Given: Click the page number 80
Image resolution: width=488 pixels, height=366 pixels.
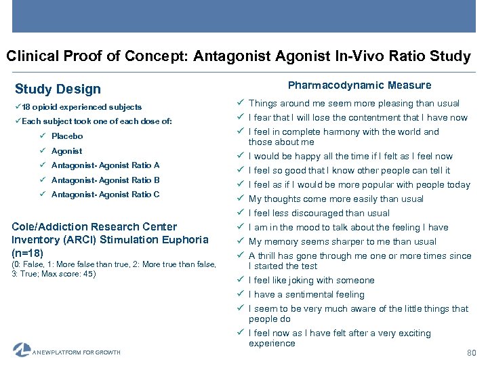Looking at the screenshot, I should click(x=472, y=353).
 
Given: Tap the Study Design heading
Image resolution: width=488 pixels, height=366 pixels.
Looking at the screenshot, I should click(x=58, y=89).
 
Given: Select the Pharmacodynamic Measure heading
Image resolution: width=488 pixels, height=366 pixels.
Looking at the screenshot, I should click(x=359, y=85).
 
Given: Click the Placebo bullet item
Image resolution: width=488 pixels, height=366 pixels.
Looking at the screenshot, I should click(x=67, y=136).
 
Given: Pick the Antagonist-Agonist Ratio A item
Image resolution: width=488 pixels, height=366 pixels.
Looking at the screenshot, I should click(x=105, y=165).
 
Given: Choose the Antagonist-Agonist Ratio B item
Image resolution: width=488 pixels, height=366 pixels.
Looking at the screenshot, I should click(x=105, y=180).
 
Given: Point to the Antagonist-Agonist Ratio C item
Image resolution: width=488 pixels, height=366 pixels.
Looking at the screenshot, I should click(x=105, y=195).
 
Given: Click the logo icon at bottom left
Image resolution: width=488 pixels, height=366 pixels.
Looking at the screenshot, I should click(x=22, y=350).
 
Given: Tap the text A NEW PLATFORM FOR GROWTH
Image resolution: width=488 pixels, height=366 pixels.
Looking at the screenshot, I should click(x=77, y=352).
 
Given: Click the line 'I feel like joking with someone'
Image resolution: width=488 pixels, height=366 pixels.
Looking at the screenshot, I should click(x=311, y=281).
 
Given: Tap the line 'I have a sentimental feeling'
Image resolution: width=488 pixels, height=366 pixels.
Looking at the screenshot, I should click(x=306, y=295).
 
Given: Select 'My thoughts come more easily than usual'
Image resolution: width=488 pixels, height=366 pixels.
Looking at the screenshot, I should click(x=335, y=199).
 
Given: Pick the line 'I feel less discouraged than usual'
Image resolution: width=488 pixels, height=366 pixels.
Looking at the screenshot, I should click(x=319, y=213).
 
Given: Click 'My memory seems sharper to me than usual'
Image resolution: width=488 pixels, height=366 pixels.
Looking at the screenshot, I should click(x=342, y=242).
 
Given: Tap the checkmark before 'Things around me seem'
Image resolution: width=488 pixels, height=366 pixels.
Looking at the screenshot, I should click(x=240, y=103).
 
